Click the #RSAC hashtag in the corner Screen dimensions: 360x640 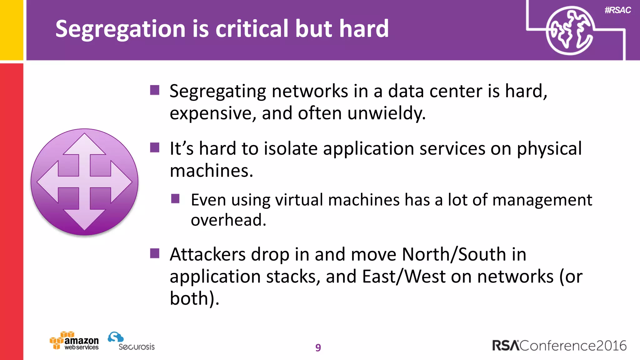pos(617,10)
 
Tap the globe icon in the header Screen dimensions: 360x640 pos(570,31)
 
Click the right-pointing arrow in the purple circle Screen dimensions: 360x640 pos(120,182)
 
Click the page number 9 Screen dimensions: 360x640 pos(318,347)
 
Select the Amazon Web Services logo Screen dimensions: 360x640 pos(74,341)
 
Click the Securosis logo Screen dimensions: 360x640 pos(131,342)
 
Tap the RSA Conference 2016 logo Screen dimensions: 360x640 pos(559,346)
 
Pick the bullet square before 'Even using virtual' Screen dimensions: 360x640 pos(175,199)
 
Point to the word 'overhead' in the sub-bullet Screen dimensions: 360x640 pos(228,220)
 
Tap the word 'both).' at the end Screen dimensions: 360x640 pos(194,298)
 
